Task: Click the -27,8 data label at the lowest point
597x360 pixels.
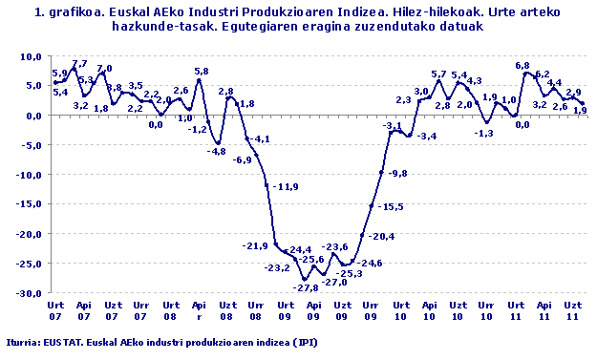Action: point(306,287)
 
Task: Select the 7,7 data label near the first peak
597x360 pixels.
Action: point(79,63)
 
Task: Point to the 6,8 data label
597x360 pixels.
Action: point(522,65)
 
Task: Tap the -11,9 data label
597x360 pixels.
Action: point(285,186)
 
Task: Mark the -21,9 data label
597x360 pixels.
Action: point(256,246)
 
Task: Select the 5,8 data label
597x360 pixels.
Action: point(201,72)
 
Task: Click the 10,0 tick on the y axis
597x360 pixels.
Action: point(31,56)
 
